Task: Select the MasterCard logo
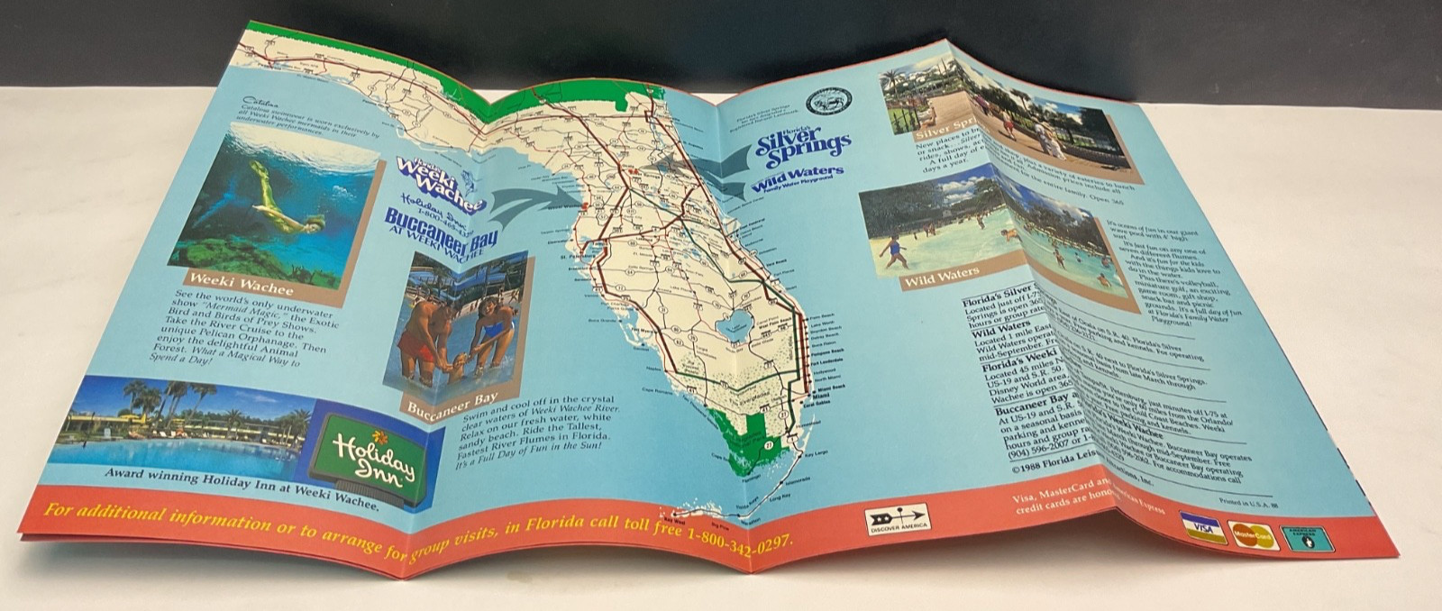click(x=1255, y=536)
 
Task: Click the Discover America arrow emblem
click(x=897, y=520)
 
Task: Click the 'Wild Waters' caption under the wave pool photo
click(x=942, y=278)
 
